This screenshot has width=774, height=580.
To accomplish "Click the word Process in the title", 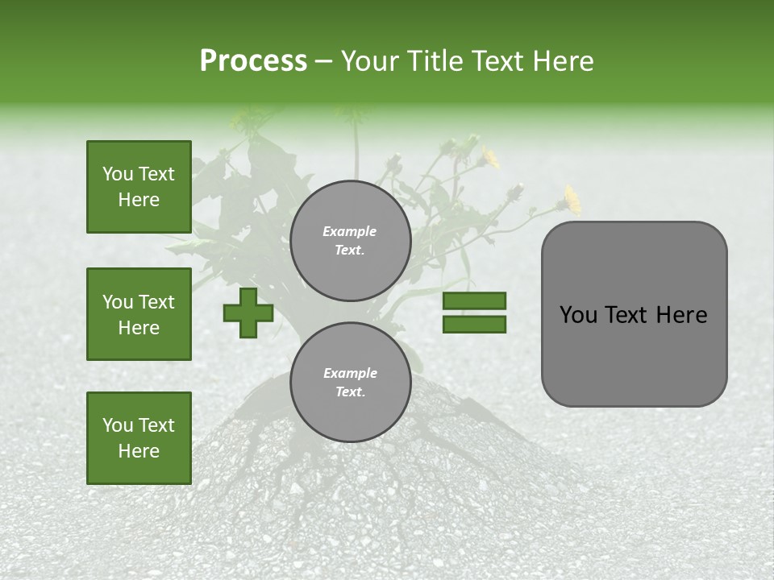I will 253,61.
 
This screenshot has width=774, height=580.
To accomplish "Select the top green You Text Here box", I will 139,187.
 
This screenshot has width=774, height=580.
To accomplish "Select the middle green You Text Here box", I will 139,314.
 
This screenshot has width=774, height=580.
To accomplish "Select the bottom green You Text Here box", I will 139,438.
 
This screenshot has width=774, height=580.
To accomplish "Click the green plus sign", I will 248,313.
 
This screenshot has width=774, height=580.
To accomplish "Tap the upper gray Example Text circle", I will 350,241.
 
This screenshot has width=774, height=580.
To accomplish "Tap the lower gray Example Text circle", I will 350,383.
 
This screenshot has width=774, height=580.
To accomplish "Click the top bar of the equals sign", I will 474,301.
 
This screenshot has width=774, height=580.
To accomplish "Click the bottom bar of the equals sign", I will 474,325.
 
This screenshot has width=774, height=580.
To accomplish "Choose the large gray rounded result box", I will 634,314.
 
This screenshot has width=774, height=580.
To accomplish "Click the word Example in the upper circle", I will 350,232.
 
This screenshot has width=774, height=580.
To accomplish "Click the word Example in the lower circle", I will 350,374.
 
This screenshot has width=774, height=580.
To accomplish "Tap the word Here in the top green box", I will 139,200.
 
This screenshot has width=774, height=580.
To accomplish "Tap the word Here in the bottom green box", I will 139,451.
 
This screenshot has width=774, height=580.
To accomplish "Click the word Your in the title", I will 370,61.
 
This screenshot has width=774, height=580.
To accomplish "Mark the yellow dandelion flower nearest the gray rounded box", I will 572,198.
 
